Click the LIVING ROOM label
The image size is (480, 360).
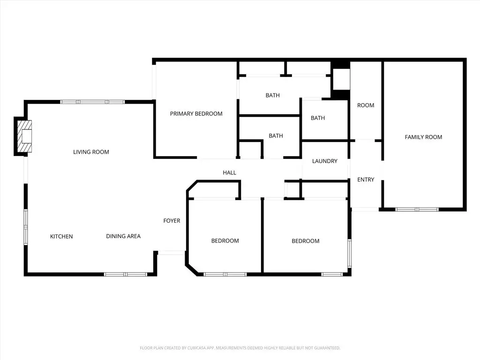point(91,152)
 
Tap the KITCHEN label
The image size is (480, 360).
point(61,236)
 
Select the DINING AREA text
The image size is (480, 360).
point(123,236)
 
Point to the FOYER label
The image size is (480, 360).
point(172,221)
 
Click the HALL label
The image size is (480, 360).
point(230,172)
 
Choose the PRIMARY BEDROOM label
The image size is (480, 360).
point(196,113)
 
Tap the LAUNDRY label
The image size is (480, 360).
point(325,161)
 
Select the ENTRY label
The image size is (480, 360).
point(366,180)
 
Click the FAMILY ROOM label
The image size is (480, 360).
point(423,137)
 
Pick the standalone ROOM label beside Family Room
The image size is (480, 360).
point(366,105)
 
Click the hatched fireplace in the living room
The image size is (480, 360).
point(24,136)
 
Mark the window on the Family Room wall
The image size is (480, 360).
point(417,210)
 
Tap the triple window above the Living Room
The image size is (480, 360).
point(92,102)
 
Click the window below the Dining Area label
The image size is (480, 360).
point(126,274)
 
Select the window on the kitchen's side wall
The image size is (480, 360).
point(26,227)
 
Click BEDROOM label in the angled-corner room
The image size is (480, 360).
point(225,241)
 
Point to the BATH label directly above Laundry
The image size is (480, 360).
point(318,118)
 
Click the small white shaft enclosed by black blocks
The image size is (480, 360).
point(341,79)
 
